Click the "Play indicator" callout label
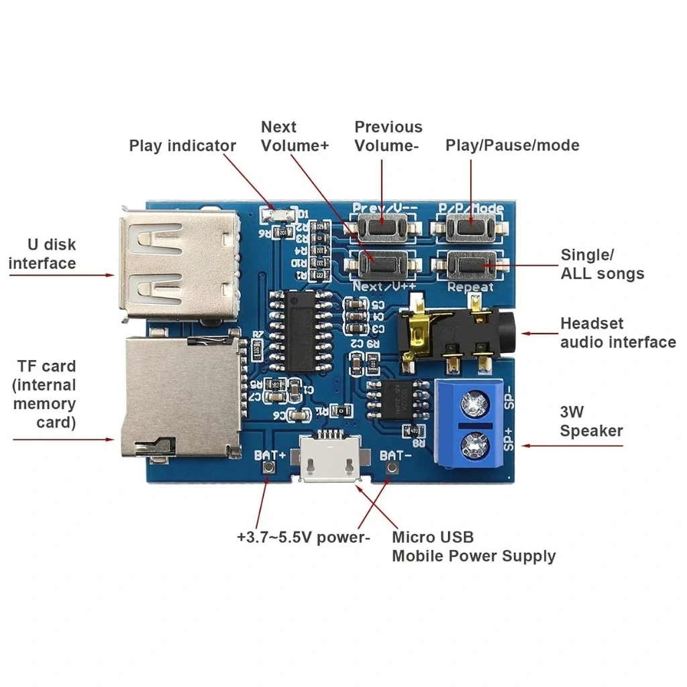pyautogui.click(x=182, y=146)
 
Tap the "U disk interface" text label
pyautogui.click(x=42, y=254)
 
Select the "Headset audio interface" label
pyautogui.click(x=617, y=333)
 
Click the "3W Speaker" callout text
pyautogui.click(x=591, y=421)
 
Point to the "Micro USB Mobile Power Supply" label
pyautogui.click(x=473, y=546)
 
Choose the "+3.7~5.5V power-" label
pyautogui.click(x=303, y=537)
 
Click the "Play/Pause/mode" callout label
pyautogui.click(x=512, y=145)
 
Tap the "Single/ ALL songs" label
pyautogui.click(x=602, y=264)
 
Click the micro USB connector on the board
pyautogui.click(x=329, y=460)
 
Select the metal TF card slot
pyautogui.click(x=180, y=397)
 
